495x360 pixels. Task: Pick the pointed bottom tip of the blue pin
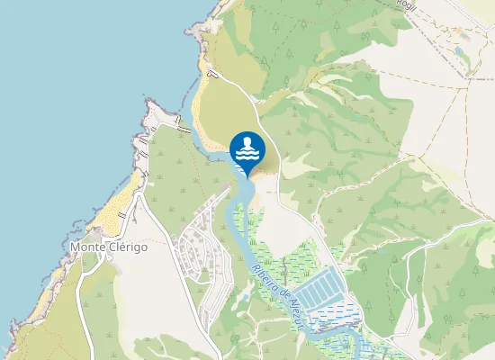[247, 175]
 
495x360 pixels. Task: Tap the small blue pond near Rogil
[462, 52]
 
